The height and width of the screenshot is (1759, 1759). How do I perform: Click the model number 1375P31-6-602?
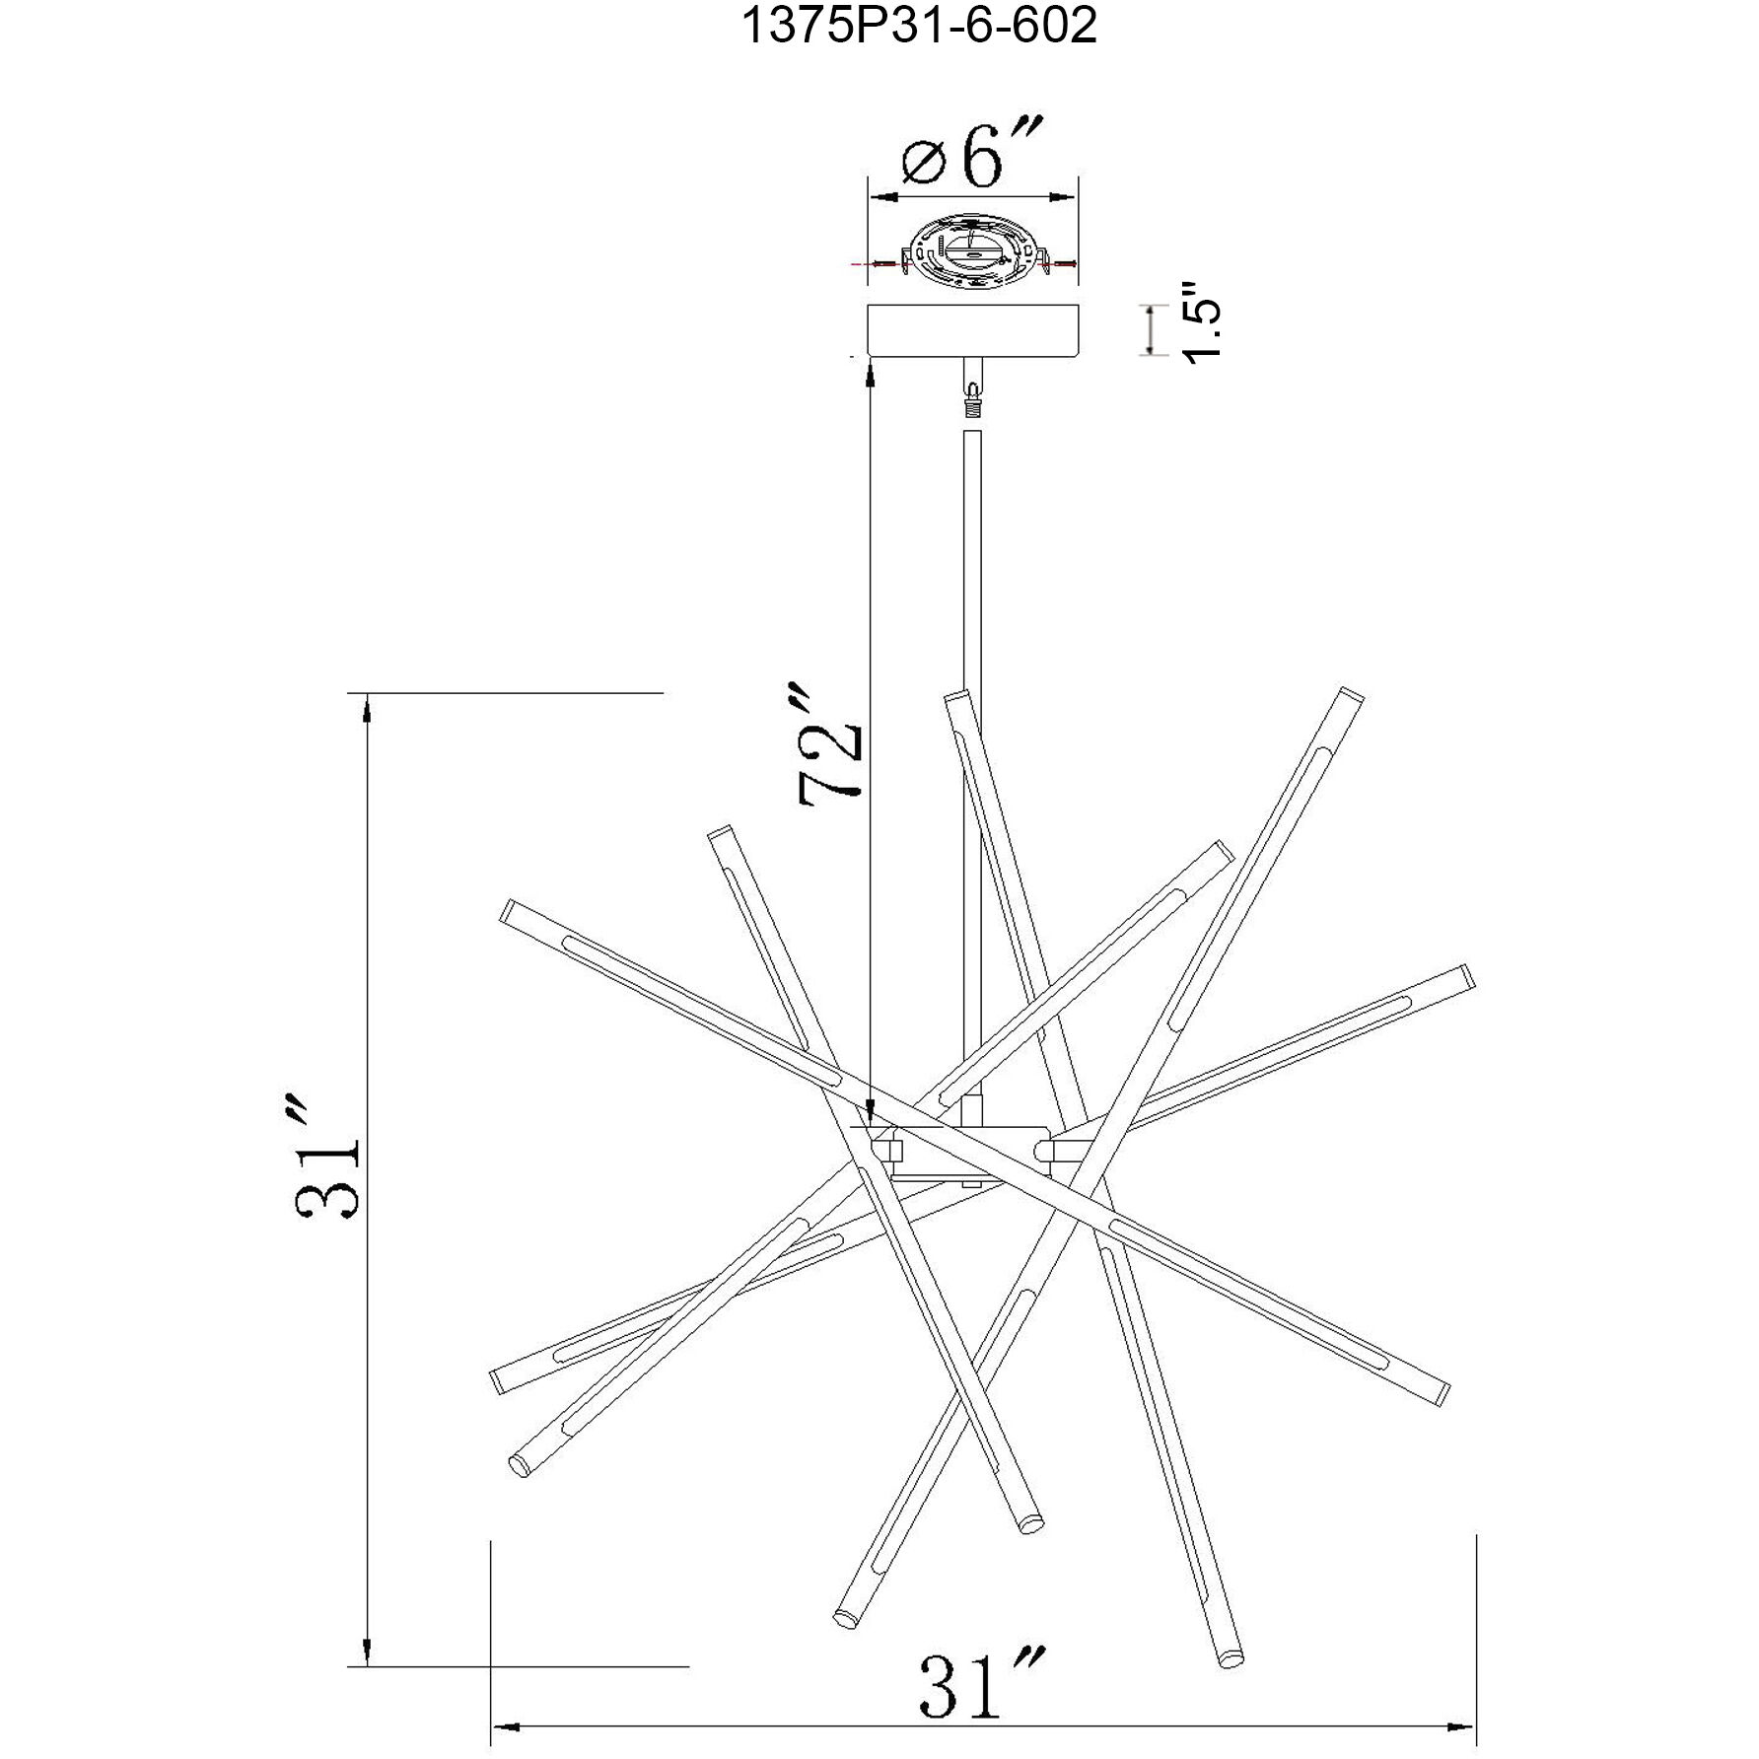[919, 27]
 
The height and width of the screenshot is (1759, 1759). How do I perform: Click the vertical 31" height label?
[326, 1155]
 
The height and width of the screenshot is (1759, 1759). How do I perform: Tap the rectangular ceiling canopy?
[972, 331]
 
